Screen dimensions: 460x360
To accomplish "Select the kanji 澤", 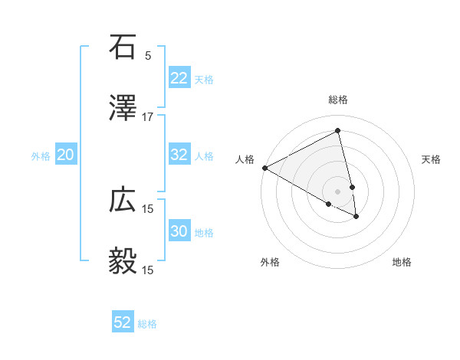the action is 123,108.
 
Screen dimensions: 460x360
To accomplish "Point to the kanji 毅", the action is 123,261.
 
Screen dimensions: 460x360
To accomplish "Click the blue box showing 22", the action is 179,78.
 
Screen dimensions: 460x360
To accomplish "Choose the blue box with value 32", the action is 179,155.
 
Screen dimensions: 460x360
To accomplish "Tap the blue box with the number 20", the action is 66,155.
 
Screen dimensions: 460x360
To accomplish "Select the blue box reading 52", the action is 123,322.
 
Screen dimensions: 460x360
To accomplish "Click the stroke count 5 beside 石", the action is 148,55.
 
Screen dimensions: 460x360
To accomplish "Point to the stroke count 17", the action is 148,116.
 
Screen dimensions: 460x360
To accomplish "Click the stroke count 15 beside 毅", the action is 148,270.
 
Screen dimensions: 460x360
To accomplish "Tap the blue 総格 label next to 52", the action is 148,323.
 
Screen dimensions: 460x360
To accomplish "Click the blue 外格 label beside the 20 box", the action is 41,155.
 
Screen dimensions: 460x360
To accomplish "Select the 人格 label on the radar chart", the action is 245,159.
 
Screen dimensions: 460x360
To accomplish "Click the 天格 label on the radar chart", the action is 432,159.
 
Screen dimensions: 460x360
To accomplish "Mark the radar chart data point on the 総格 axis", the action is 337,131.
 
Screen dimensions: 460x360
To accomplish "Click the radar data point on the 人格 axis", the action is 264,168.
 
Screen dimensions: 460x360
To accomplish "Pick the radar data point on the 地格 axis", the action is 356,217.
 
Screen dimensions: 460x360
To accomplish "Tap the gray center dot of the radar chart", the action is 337,191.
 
